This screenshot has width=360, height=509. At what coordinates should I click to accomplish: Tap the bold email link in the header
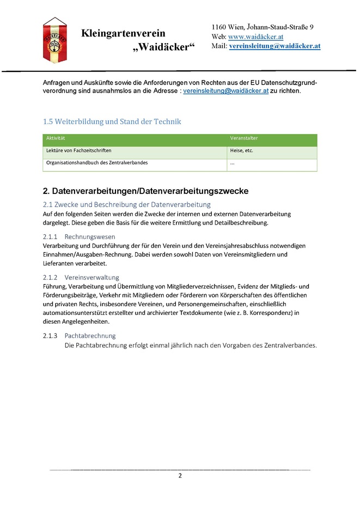(x=274, y=46)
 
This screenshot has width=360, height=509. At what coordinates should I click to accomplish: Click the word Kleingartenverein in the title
(x=123, y=34)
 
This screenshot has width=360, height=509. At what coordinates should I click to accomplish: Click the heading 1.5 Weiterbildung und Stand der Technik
(x=112, y=121)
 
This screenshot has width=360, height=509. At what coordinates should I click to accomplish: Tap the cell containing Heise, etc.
(x=242, y=150)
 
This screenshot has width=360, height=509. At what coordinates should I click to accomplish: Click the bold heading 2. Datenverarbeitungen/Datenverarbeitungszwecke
(x=145, y=191)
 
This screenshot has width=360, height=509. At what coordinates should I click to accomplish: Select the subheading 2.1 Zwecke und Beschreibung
(x=126, y=204)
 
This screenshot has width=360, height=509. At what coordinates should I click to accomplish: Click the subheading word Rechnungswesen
(x=90, y=237)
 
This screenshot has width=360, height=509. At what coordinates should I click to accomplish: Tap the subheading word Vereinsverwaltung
(x=91, y=277)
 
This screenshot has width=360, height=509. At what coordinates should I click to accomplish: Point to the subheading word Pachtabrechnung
(x=90, y=336)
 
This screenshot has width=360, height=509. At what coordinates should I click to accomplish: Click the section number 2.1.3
(x=50, y=336)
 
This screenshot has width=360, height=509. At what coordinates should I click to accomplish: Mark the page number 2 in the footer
(x=180, y=476)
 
